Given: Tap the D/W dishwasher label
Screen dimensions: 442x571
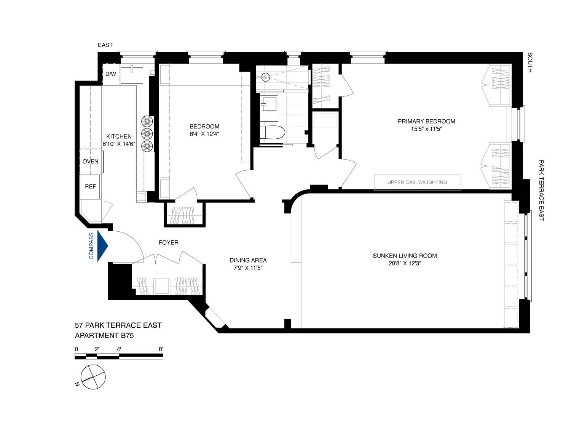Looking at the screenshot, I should point(110,74).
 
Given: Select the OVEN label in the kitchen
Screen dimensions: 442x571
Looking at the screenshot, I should point(91,162).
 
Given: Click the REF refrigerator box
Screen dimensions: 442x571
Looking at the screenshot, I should point(90,187).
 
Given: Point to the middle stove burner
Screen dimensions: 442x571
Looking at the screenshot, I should point(147,133).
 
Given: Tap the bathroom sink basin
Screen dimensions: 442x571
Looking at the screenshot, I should point(269,103).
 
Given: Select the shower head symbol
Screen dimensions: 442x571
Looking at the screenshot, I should point(266,77).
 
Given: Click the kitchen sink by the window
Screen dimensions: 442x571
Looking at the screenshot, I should point(132,75).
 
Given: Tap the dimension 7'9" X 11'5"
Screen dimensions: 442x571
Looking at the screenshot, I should point(248,268).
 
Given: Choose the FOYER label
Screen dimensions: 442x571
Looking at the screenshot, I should point(168,242).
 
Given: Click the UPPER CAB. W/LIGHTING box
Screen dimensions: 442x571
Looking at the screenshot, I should point(417,182).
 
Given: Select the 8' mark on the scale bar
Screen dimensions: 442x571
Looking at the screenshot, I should point(161,349).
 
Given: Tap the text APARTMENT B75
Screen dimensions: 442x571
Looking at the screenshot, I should point(104,336).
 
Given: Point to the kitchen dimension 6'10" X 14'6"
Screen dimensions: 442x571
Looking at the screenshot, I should point(119,144).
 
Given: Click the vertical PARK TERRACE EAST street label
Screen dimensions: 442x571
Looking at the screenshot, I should point(541,191).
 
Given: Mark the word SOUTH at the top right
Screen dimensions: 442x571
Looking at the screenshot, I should point(530,63).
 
